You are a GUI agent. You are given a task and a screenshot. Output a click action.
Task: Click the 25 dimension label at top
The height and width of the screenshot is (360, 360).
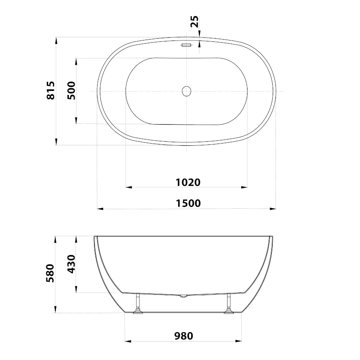[x=194, y=22]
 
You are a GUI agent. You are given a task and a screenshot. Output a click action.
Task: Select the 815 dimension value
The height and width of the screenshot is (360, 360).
[x=51, y=90]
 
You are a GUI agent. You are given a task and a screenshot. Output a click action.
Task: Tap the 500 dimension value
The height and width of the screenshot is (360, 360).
[x=71, y=90]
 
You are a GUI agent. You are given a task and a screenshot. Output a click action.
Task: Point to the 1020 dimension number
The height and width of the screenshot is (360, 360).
[x=188, y=183]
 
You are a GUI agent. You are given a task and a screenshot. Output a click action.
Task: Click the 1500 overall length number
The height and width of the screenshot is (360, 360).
[x=188, y=203]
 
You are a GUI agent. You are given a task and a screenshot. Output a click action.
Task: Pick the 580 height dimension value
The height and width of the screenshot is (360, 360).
[x=50, y=273]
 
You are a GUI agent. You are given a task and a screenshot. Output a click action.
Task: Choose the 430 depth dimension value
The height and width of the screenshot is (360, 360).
[x=71, y=264]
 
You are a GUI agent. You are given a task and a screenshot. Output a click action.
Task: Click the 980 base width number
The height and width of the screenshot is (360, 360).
[x=184, y=336]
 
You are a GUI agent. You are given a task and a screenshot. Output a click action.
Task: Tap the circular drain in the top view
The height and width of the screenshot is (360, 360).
[x=186, y=91]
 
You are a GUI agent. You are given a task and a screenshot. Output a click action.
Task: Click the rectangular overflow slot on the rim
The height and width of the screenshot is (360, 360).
[x=186, y=45]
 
